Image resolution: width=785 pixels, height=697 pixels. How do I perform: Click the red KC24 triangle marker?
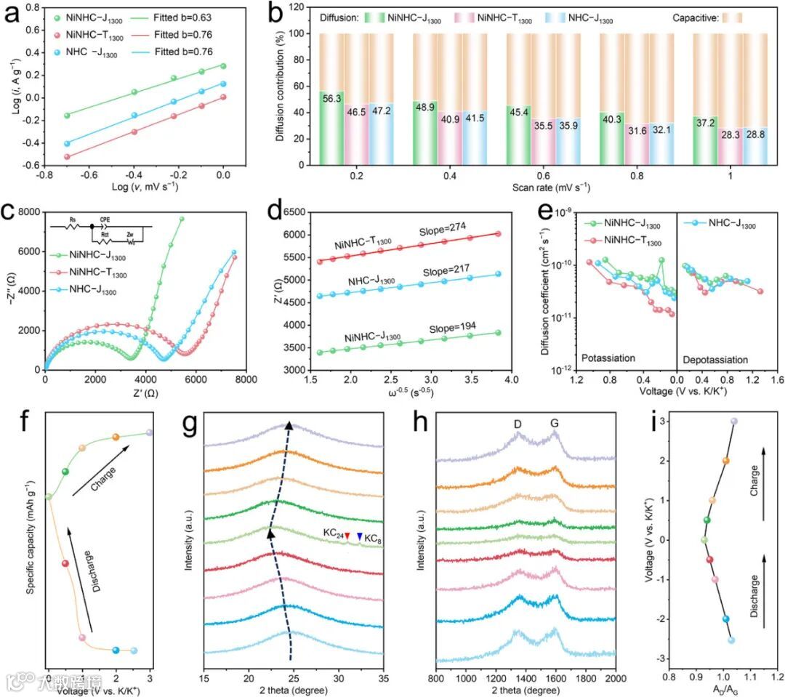(x=347, y=536)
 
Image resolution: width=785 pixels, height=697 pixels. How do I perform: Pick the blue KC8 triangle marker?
(x=359, y=536)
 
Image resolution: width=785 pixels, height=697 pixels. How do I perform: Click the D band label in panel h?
(x=518, y=420)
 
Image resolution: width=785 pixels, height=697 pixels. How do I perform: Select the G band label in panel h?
(x=555, y=420)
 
